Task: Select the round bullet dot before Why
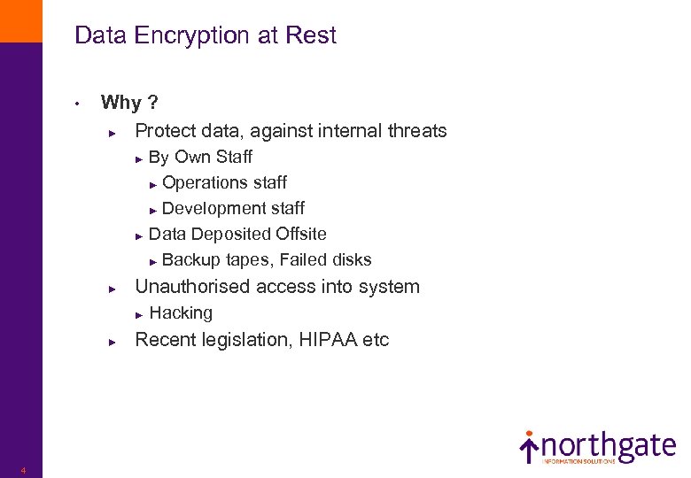pos(78,104)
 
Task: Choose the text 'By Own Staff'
pos(200,157)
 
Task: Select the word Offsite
pos(300,234)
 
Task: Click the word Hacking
pos(181,312)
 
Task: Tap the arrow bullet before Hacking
pos(138,314)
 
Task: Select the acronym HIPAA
pos(328,340)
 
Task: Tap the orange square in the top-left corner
pos(20,20)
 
